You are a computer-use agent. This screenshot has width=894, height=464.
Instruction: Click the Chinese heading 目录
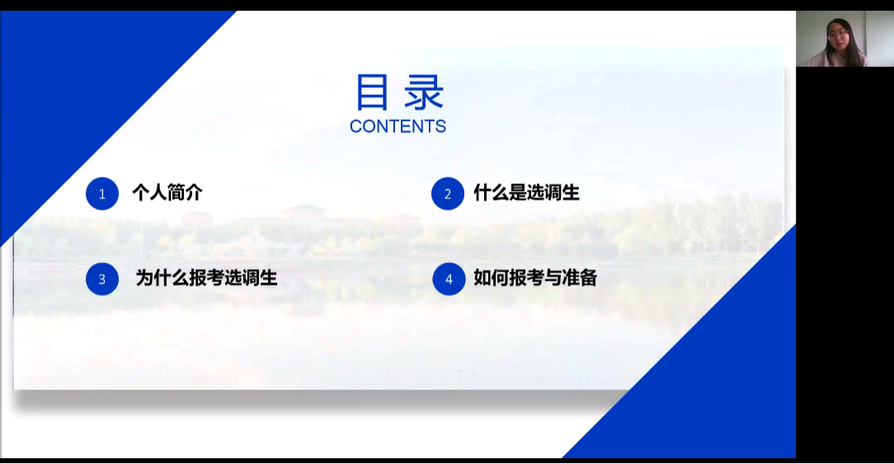point(399,92)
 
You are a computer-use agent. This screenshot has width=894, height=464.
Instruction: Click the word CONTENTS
point(398,126)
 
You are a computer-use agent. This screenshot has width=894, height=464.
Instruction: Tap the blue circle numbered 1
point(102,194)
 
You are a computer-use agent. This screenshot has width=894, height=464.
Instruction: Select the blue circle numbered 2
point(448,194)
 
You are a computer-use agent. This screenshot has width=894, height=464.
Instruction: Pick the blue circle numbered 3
point(102,279)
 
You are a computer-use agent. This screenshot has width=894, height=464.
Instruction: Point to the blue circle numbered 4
point(449,279)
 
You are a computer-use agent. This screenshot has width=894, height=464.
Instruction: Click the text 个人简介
point(167,193)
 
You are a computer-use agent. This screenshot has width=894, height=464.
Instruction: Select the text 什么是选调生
point(526,193)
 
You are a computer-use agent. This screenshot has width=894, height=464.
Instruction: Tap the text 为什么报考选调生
point(206,278)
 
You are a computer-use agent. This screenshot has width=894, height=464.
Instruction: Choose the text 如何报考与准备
point(535,278)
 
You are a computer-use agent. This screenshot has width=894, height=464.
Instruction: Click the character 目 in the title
point(372,92)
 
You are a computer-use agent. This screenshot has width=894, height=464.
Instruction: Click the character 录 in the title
point(424,92)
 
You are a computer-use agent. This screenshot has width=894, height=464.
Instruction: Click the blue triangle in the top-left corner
point(80,86)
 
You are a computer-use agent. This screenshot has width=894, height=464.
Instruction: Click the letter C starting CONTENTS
point(355,126)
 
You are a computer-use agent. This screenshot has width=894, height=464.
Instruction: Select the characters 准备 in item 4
point(579,278)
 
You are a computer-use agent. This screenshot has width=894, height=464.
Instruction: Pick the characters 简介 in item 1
point(185,193)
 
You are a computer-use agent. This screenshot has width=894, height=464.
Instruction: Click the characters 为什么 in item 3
point(162,278)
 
